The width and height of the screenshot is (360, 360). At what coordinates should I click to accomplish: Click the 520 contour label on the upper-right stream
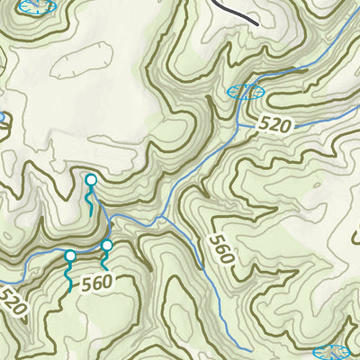pos(278,124)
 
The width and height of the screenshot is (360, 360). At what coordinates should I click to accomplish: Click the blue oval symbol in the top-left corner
pos(36,6)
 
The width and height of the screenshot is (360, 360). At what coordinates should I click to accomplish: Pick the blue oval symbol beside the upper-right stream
pos(247,91)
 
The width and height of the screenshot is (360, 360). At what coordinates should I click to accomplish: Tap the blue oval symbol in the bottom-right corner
pos(332,352)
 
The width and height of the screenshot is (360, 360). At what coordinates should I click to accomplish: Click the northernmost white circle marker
pos(90,180)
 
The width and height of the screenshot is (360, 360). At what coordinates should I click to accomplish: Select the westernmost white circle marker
pos(70,256)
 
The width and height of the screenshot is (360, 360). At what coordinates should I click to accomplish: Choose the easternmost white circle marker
pos(107,245)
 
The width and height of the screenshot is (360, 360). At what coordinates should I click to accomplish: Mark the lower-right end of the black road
pos(256,22)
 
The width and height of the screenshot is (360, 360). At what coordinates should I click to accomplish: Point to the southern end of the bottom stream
pos(248,349)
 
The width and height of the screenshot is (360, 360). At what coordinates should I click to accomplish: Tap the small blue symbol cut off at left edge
pos(2,117)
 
